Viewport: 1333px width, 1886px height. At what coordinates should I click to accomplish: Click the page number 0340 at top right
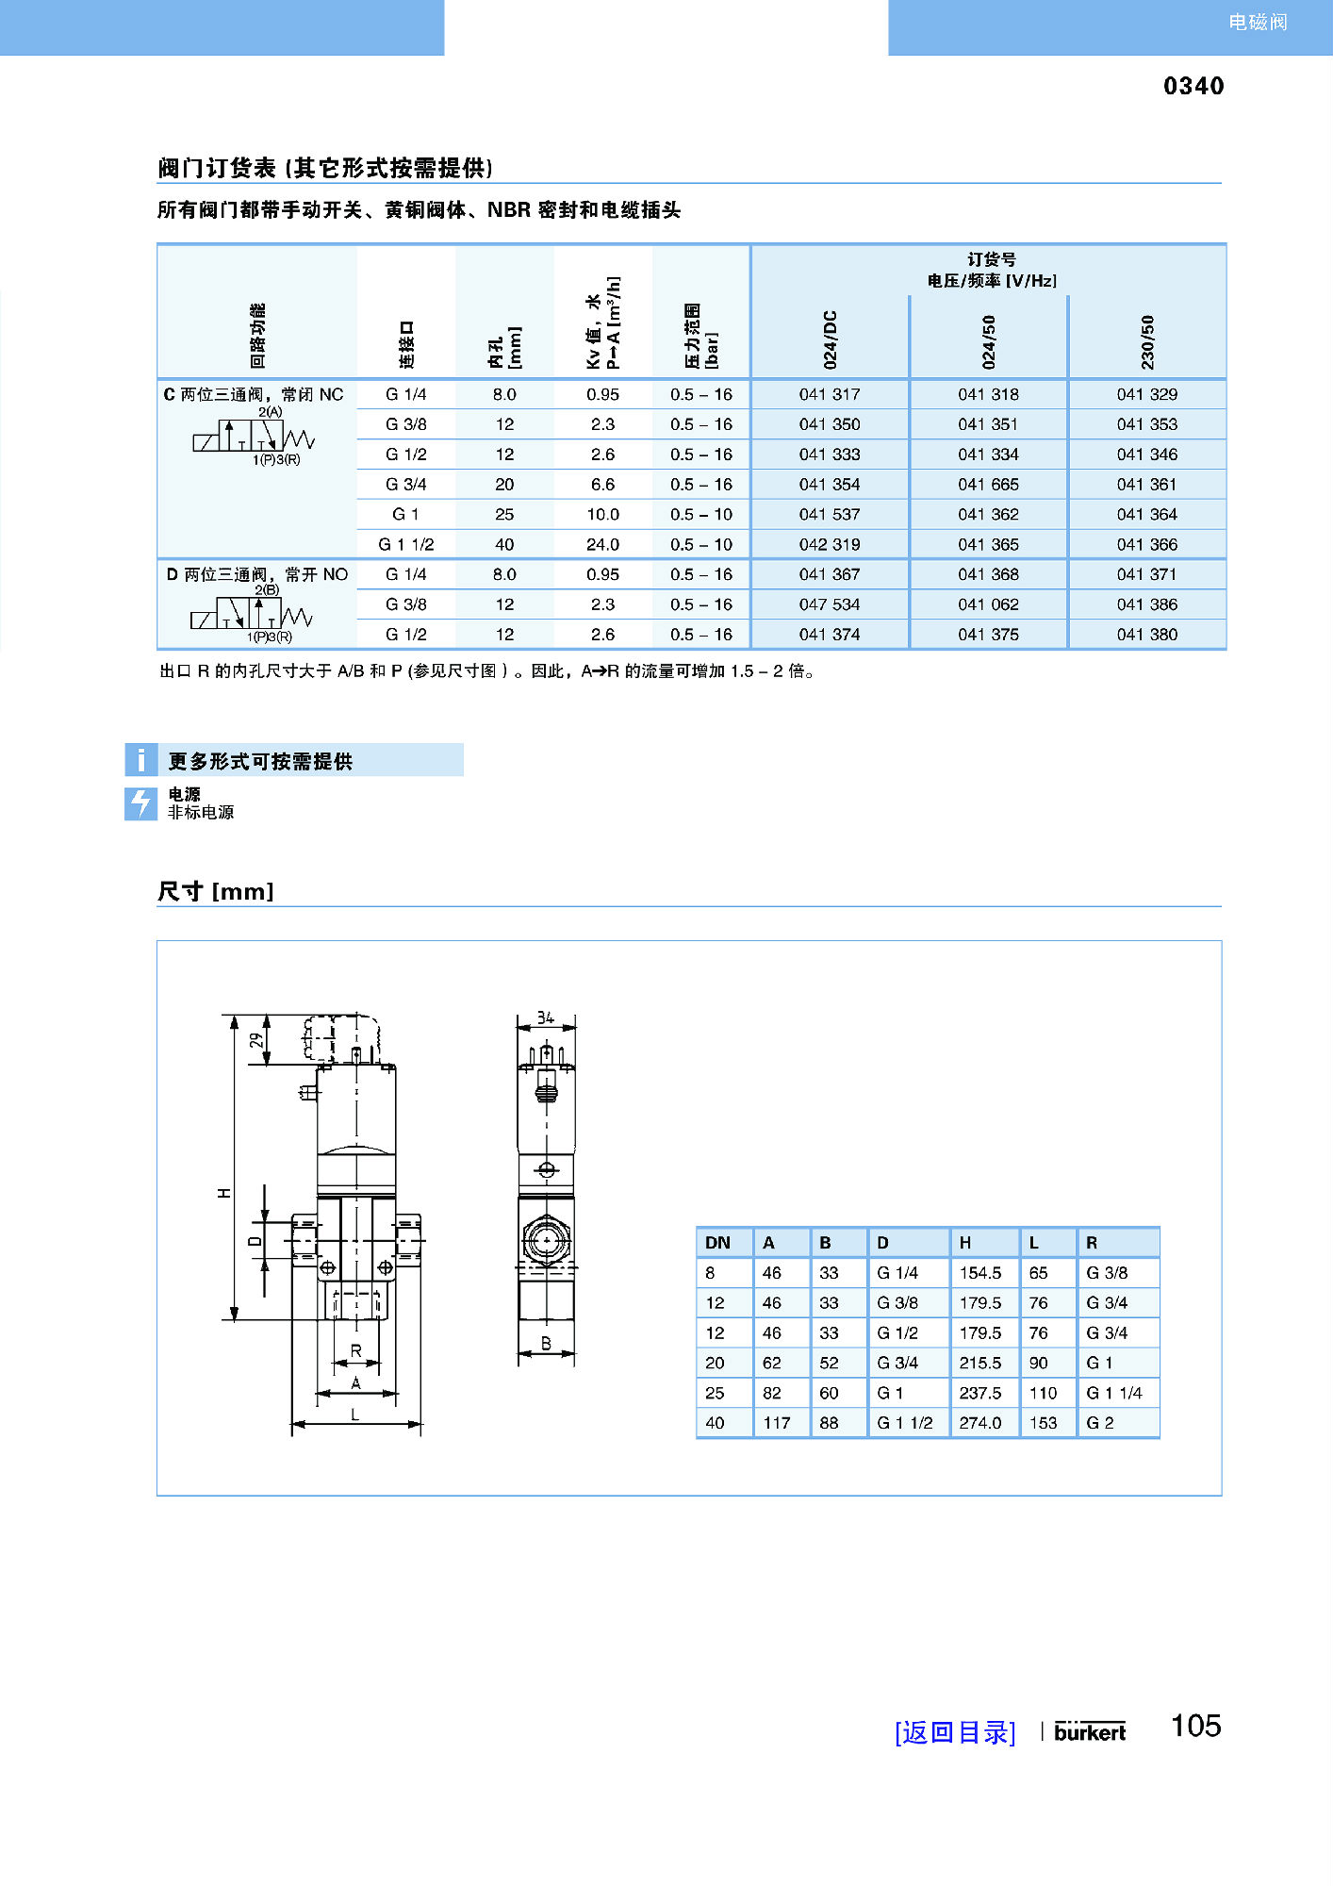(1193, 86)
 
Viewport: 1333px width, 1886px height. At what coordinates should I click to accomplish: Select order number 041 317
(830, 394)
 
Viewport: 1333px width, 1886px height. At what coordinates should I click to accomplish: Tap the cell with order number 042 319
(830, 544)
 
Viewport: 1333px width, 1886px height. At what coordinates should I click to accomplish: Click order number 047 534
(830, 604)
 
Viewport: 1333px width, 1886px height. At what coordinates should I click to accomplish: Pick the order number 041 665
(988, 485)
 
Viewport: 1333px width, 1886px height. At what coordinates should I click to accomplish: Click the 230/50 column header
(1147, 341)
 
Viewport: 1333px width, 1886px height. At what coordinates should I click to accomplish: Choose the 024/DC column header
(830, 339)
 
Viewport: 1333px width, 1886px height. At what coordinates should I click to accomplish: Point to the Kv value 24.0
(602, 544)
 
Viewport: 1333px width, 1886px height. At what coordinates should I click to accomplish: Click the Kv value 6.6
(602, 485)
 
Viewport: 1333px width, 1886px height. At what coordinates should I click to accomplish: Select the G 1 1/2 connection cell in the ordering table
(406, 544)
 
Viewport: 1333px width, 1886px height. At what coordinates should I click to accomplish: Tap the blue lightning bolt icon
(140, 803)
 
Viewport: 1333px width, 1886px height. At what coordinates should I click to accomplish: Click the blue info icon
(140, 759)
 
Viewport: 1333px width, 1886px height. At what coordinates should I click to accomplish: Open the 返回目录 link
(954, 1732)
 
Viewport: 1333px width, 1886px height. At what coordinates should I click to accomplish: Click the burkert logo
(1090, 1731)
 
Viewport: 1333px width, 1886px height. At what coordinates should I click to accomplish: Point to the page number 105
(1195, 1726)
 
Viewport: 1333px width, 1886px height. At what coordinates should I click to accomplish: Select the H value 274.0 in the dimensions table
(980, 1423)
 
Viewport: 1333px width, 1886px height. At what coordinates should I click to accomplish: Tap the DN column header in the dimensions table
(717, 1243)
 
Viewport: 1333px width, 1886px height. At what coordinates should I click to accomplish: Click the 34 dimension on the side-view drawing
(546, 1017)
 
